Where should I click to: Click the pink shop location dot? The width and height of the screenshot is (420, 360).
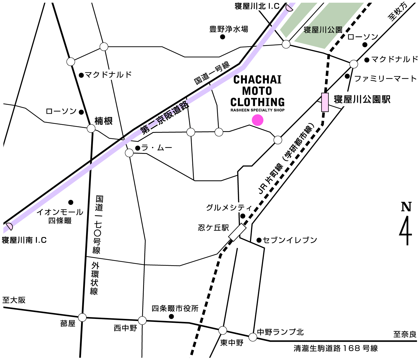click(257, 120)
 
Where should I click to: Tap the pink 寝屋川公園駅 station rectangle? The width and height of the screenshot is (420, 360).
click(325, 102)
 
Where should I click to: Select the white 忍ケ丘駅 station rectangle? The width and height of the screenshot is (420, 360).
click(237, 232)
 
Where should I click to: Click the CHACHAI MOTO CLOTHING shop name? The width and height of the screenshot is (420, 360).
click(257, 91)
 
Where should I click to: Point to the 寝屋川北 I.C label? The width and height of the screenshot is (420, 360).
click(257, 6)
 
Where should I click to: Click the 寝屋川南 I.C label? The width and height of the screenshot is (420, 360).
click(24, 240)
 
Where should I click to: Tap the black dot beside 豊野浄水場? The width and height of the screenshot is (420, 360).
click(223, 37)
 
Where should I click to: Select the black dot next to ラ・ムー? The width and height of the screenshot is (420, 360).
click(137, 148)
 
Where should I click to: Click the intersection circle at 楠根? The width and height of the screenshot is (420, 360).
click(91, 129)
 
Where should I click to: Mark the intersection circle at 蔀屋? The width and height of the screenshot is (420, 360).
click(82, 317)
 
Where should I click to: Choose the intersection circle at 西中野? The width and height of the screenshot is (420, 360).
click(142, 320)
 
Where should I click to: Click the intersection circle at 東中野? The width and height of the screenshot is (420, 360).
click(223, 330)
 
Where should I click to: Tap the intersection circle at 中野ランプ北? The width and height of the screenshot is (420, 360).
click(253, 337)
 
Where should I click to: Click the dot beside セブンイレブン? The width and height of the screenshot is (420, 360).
click(259, 240)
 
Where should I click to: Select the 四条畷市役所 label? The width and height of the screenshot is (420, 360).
click(175, 308)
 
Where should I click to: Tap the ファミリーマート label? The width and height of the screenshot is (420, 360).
click(385, 79)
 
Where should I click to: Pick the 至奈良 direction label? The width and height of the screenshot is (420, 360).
click(405, 334)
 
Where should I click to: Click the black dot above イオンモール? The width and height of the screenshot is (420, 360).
click(71, 202)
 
